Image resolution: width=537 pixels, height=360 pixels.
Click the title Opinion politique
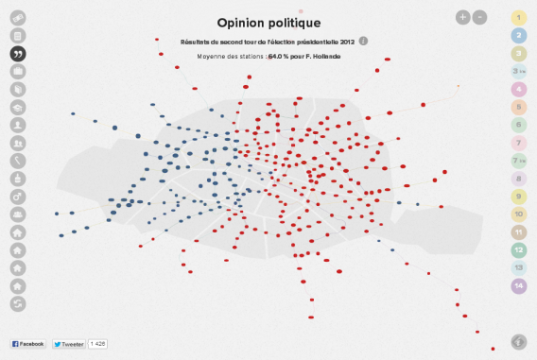point(268,22)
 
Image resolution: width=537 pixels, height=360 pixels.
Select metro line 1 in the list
point(518,17)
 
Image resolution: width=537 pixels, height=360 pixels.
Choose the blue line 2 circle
point(518,35)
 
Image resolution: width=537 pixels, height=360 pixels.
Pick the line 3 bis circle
point(518,71)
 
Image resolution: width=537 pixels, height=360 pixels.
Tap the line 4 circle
point(518,89)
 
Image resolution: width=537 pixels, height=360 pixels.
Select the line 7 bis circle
point(518,161)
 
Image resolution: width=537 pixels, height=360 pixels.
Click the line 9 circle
point(518,197)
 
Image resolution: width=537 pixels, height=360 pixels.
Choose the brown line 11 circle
point(518,232)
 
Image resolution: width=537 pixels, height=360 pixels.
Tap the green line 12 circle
point(518,250)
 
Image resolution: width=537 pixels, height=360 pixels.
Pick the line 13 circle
point(518,268)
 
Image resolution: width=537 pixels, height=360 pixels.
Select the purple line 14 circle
point(518,286)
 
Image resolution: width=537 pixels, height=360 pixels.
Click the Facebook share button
point(28,344)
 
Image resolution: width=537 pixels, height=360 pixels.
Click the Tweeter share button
point(68,344)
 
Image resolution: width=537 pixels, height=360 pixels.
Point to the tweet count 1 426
point(98,344)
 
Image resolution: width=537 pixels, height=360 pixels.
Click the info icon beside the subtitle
point(364,42)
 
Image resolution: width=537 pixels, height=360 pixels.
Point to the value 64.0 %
point(280,57)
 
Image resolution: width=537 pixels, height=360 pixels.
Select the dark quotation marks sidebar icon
point(18,53)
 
